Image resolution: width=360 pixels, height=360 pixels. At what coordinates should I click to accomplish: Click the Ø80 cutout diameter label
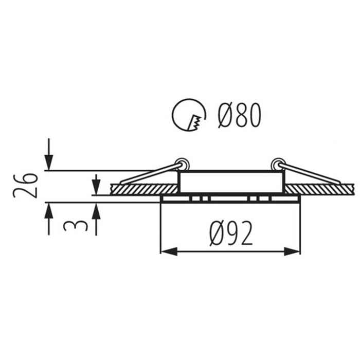point(240,115)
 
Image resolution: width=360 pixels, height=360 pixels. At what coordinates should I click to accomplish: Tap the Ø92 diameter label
point(231,233)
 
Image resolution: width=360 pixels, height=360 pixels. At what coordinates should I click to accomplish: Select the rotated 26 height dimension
point(25,186)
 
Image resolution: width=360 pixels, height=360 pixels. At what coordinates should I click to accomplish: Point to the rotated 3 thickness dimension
point(76,226)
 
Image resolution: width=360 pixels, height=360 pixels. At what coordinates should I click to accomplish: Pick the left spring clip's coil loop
point(182,165)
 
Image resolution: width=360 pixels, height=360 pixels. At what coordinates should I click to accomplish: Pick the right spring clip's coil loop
point(278,165)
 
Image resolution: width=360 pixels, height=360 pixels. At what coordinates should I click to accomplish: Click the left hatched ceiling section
point(144,189)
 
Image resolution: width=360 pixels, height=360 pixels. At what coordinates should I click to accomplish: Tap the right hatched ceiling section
point(320,189)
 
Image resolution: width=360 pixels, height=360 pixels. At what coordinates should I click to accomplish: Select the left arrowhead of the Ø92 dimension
point(169,251)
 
